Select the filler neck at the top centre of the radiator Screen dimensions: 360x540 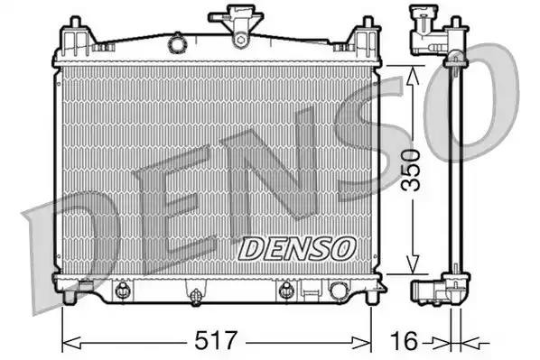(238, 25)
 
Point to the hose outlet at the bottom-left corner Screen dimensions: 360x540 (82, 289)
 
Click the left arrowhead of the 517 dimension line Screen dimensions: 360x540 (67, 341)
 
